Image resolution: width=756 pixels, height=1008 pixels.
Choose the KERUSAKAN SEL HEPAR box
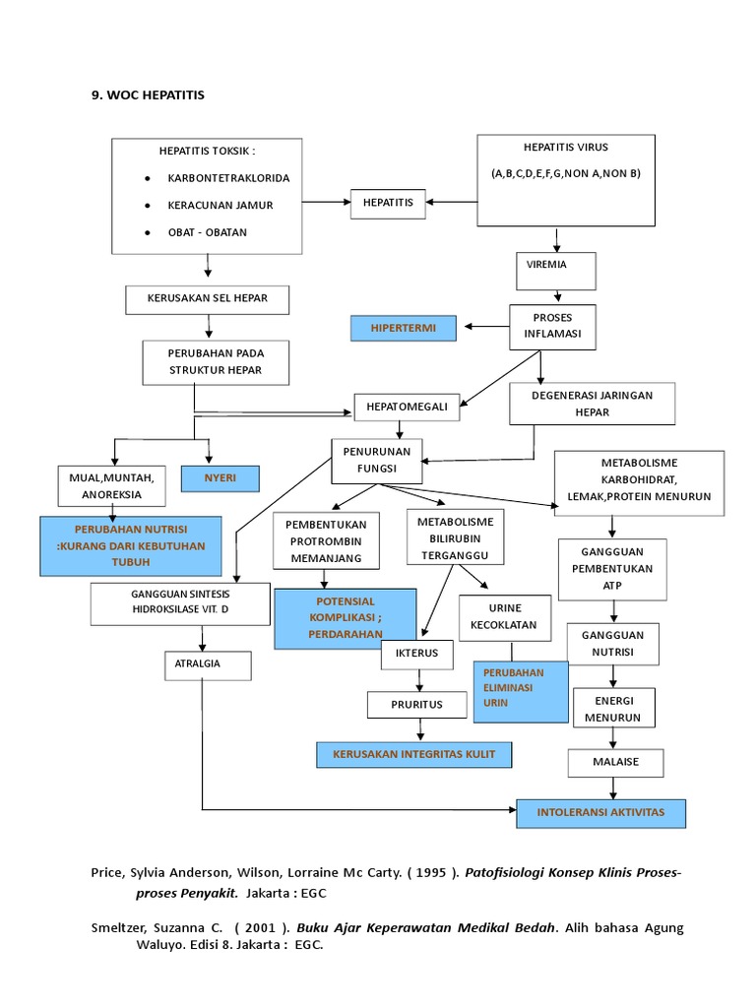(x=209, y=298)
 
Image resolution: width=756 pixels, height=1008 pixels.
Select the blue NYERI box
(x=220, y=479)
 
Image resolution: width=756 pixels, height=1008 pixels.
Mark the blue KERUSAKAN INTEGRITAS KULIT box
(x=414, y=754)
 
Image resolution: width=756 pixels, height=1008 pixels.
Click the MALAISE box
(x=615, y=762)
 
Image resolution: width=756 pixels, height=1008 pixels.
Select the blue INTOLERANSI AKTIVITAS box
(x=600, y=814)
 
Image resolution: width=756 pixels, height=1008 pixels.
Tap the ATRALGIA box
(x=208, y=664)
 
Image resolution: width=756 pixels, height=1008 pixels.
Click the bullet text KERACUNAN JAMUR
(x=221, y=205)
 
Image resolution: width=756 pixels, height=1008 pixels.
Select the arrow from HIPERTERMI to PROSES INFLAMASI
(x=482, y=327)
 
